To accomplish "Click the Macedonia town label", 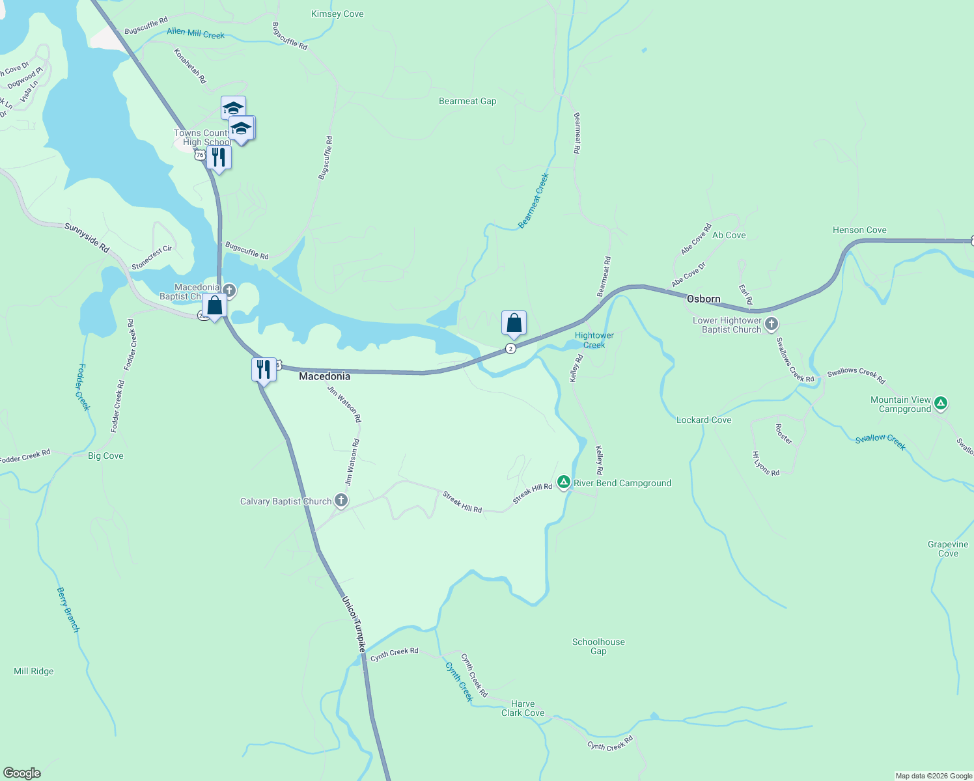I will pyautogui.click(x=324, y=376).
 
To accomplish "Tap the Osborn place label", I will pyautogui.click(x=703, y=299).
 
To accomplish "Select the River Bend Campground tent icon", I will pyautogui.click(x=564, y=482).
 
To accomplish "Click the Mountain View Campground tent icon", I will pyautogui.click(x=940, y=404).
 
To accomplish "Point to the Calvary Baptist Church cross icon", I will pyautogui.click(x=341, y=500).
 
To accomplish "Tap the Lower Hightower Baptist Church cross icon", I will pyautogui.click(x=772, y=324).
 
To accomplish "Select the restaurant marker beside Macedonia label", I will pyautogui.click(x=263, y=370).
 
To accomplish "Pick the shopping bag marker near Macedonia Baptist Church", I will pyautogui.click(x=214, y=305).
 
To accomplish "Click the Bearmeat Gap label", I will pyautogui.click(x=467, y=101).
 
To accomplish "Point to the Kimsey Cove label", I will pyautogui.click(x=337, y=14).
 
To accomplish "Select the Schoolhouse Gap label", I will pyautogui.click(x=598, y=646).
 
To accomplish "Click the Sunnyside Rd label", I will pyautogui.click(x=87, y=238).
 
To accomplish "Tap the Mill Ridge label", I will pyautogui.click(x=34, y=671).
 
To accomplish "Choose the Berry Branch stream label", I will pyautogui.click(x=68, y=610).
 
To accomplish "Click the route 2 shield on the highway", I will pyautogui.click(x=510, y=349).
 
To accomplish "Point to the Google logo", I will pyautogui.click(x=22, y=773).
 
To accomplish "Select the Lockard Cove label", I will pyautogui.click(x=704, y=420).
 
